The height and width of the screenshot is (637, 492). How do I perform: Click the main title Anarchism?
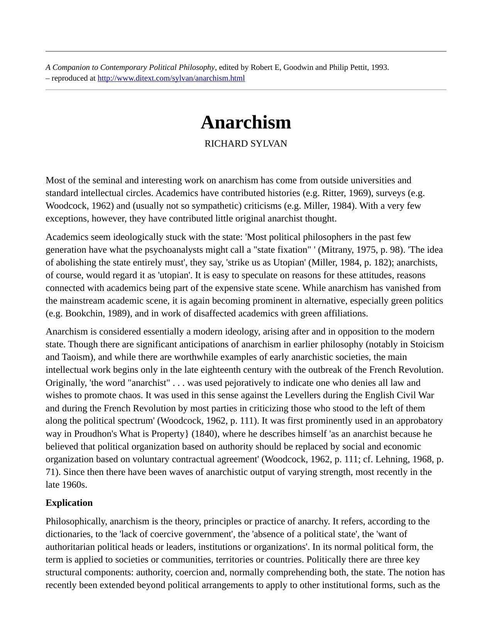click(246, 123)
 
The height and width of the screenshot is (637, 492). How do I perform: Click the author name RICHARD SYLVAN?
click(246, 144)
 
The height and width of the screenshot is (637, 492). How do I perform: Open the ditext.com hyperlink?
click(171, 78)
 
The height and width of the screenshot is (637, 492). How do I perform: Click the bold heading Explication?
click(69, 503)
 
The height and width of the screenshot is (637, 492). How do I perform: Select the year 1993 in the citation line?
click(379, 68)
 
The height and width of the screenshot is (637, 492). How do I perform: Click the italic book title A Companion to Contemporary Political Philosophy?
click(130, 68)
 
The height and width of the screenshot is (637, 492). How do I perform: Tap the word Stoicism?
click(427, 344)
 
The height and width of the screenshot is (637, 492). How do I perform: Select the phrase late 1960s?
click(66, 485)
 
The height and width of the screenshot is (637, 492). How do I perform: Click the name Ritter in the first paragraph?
click(331, 193)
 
